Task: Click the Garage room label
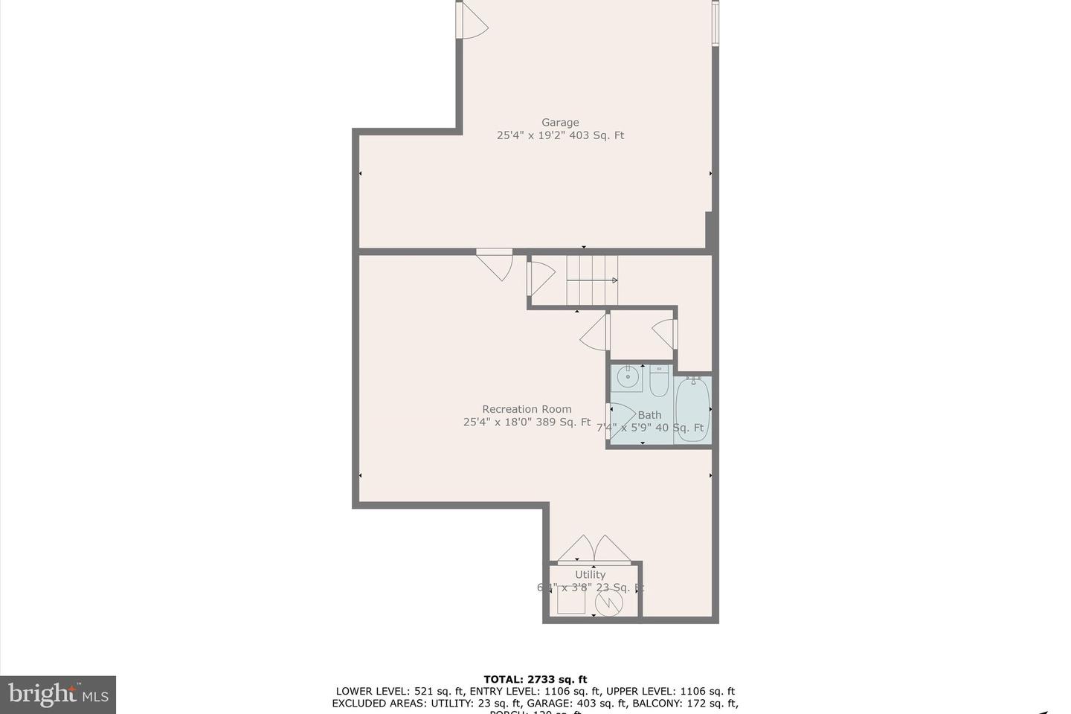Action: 559,123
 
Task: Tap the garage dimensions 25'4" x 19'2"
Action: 531,135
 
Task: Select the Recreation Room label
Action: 527,409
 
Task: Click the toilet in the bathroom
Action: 659,381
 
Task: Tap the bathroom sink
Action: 627,378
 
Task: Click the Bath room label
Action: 649,415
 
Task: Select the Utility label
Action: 590,574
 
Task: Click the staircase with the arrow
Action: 592,280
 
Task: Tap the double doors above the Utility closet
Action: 594,549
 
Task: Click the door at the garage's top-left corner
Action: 472,21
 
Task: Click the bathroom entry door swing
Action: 621,416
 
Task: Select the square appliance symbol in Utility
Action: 571,599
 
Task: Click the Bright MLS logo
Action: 58,695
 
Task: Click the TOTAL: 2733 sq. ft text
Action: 535,679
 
